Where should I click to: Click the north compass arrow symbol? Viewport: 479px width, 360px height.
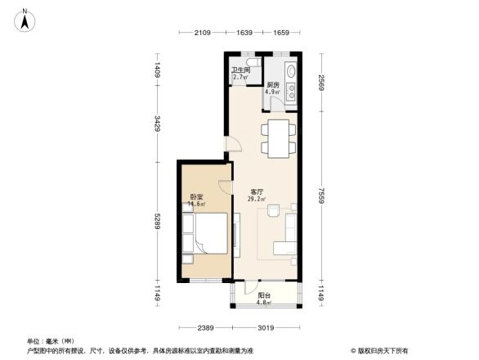(x=26, y=19)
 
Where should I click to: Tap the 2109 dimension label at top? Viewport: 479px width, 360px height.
(x=202, y=33)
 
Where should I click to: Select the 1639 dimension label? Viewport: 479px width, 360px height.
(x=245, y=33)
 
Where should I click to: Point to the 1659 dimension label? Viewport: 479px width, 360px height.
(x=281, y=33)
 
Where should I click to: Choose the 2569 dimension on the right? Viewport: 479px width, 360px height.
(x=322, y=82)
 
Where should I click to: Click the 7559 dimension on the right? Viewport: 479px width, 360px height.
(x=322, y=196)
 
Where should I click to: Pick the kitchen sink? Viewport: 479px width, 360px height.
(x=290, y=90)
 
